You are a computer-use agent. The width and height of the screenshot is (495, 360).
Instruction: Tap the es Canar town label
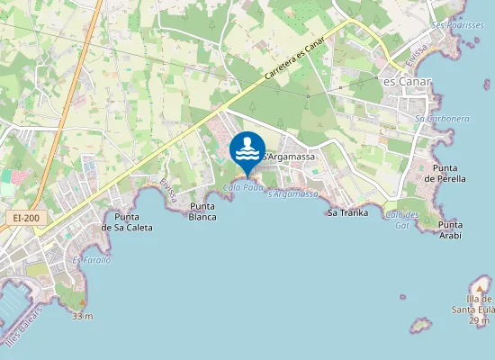click(x=408, y=82)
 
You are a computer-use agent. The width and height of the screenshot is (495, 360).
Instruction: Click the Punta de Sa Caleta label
click(x=127, y=222)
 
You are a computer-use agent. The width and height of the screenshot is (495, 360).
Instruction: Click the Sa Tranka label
click(x=347, y=212)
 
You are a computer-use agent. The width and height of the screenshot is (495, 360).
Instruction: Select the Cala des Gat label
click(x=401, y=219)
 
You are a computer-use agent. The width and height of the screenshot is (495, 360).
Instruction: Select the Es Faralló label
click(x=92, y=259)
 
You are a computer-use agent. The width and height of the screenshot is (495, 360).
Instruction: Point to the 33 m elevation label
click(x=83, y=316)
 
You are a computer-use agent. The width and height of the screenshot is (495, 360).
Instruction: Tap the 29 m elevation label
click(x=479, y=321)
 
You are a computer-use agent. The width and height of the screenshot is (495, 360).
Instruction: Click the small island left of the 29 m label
click(x=418, y=323)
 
